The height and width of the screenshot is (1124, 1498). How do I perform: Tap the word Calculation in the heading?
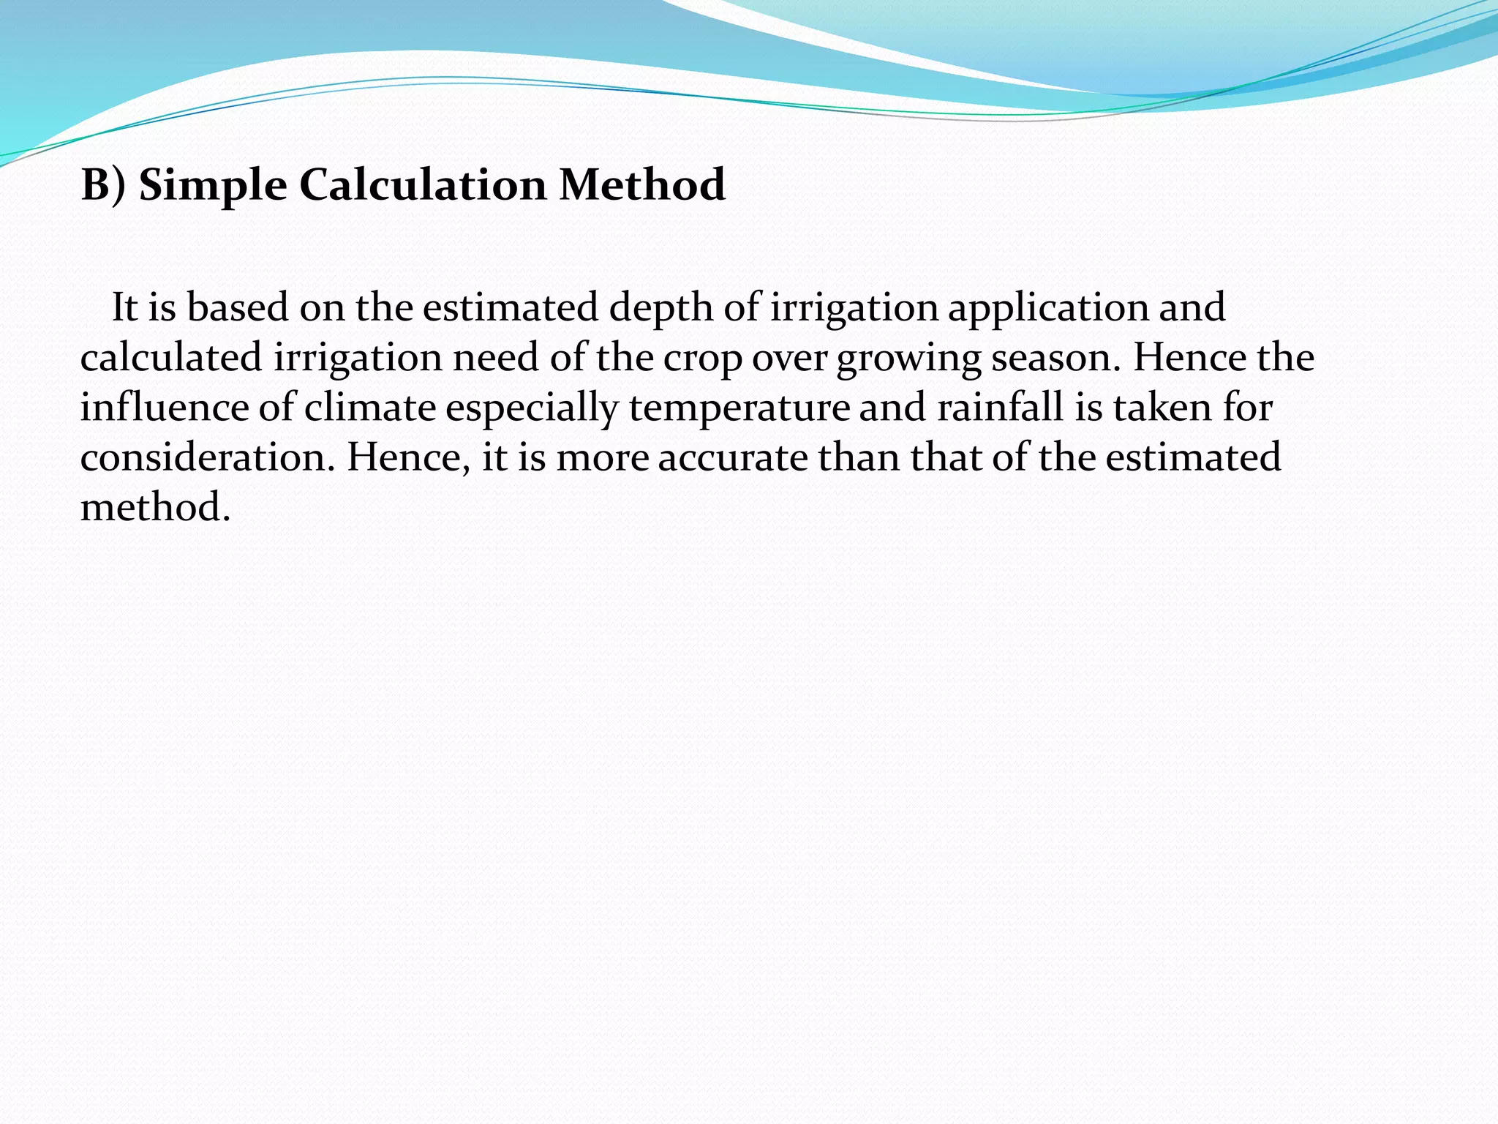point(422,184)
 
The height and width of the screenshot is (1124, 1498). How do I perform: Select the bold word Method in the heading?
point(642,184)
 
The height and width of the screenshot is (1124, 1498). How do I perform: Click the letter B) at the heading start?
point(103,184)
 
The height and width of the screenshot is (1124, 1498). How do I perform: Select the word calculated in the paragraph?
point(171,358)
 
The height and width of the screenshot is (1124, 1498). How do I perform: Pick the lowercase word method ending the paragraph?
point(155,507)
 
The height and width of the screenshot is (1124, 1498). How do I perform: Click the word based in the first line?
point(238,308)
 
